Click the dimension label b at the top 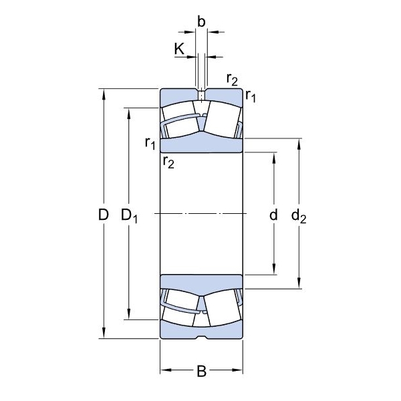(x=201, y=22)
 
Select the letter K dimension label (x=179, y=49)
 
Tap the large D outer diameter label (x=104, y=215)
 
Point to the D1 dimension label (x=129, y=216)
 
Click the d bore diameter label (x=273, y=215)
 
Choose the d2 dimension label (x=299, y=216)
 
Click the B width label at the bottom (x=202, y=371)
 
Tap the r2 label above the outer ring (x=232, y=80)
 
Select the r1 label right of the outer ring (x=251, y=96)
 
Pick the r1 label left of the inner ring (x=150, y=143)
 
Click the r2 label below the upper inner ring (x=168, y=162)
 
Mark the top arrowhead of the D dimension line (x=104, y=94)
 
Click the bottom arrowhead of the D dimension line (x=104, y=333)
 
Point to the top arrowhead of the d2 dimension (x=299, y=144)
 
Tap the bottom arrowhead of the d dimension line (x=273, y=269)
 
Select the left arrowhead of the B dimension (x=166, y=370)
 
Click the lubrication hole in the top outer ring (x=202, y=95)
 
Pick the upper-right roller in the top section (x=223, y=119)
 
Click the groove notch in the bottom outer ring (x=201, y=337)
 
